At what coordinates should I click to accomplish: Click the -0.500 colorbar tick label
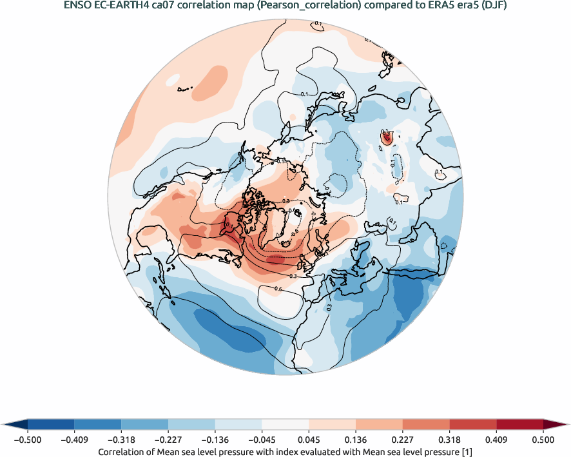[28, 440]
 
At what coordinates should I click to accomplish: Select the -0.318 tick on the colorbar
[121, 440]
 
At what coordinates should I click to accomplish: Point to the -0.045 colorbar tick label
[262, 440]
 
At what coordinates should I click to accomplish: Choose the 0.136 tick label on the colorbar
[356, 440]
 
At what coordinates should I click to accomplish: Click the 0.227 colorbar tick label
[403, 440]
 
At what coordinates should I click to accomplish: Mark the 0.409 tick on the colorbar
[496, 440]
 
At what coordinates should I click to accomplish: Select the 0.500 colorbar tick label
[543, 440]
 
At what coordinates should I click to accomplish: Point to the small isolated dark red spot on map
[387, 138]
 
